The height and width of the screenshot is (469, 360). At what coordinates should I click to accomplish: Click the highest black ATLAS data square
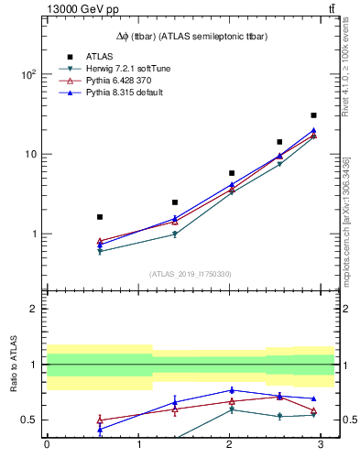click(x=313, y=115)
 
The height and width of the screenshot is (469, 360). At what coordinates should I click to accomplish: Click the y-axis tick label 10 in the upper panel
click(x=32, y=154)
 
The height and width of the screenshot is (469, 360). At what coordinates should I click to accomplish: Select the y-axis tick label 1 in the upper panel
click(x=36, y=234)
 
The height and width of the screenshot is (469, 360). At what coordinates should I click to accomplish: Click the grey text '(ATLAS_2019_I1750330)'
click(x=190, y=274)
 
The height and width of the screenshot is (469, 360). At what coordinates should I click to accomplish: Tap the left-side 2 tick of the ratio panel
click(x=36, y=309)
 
